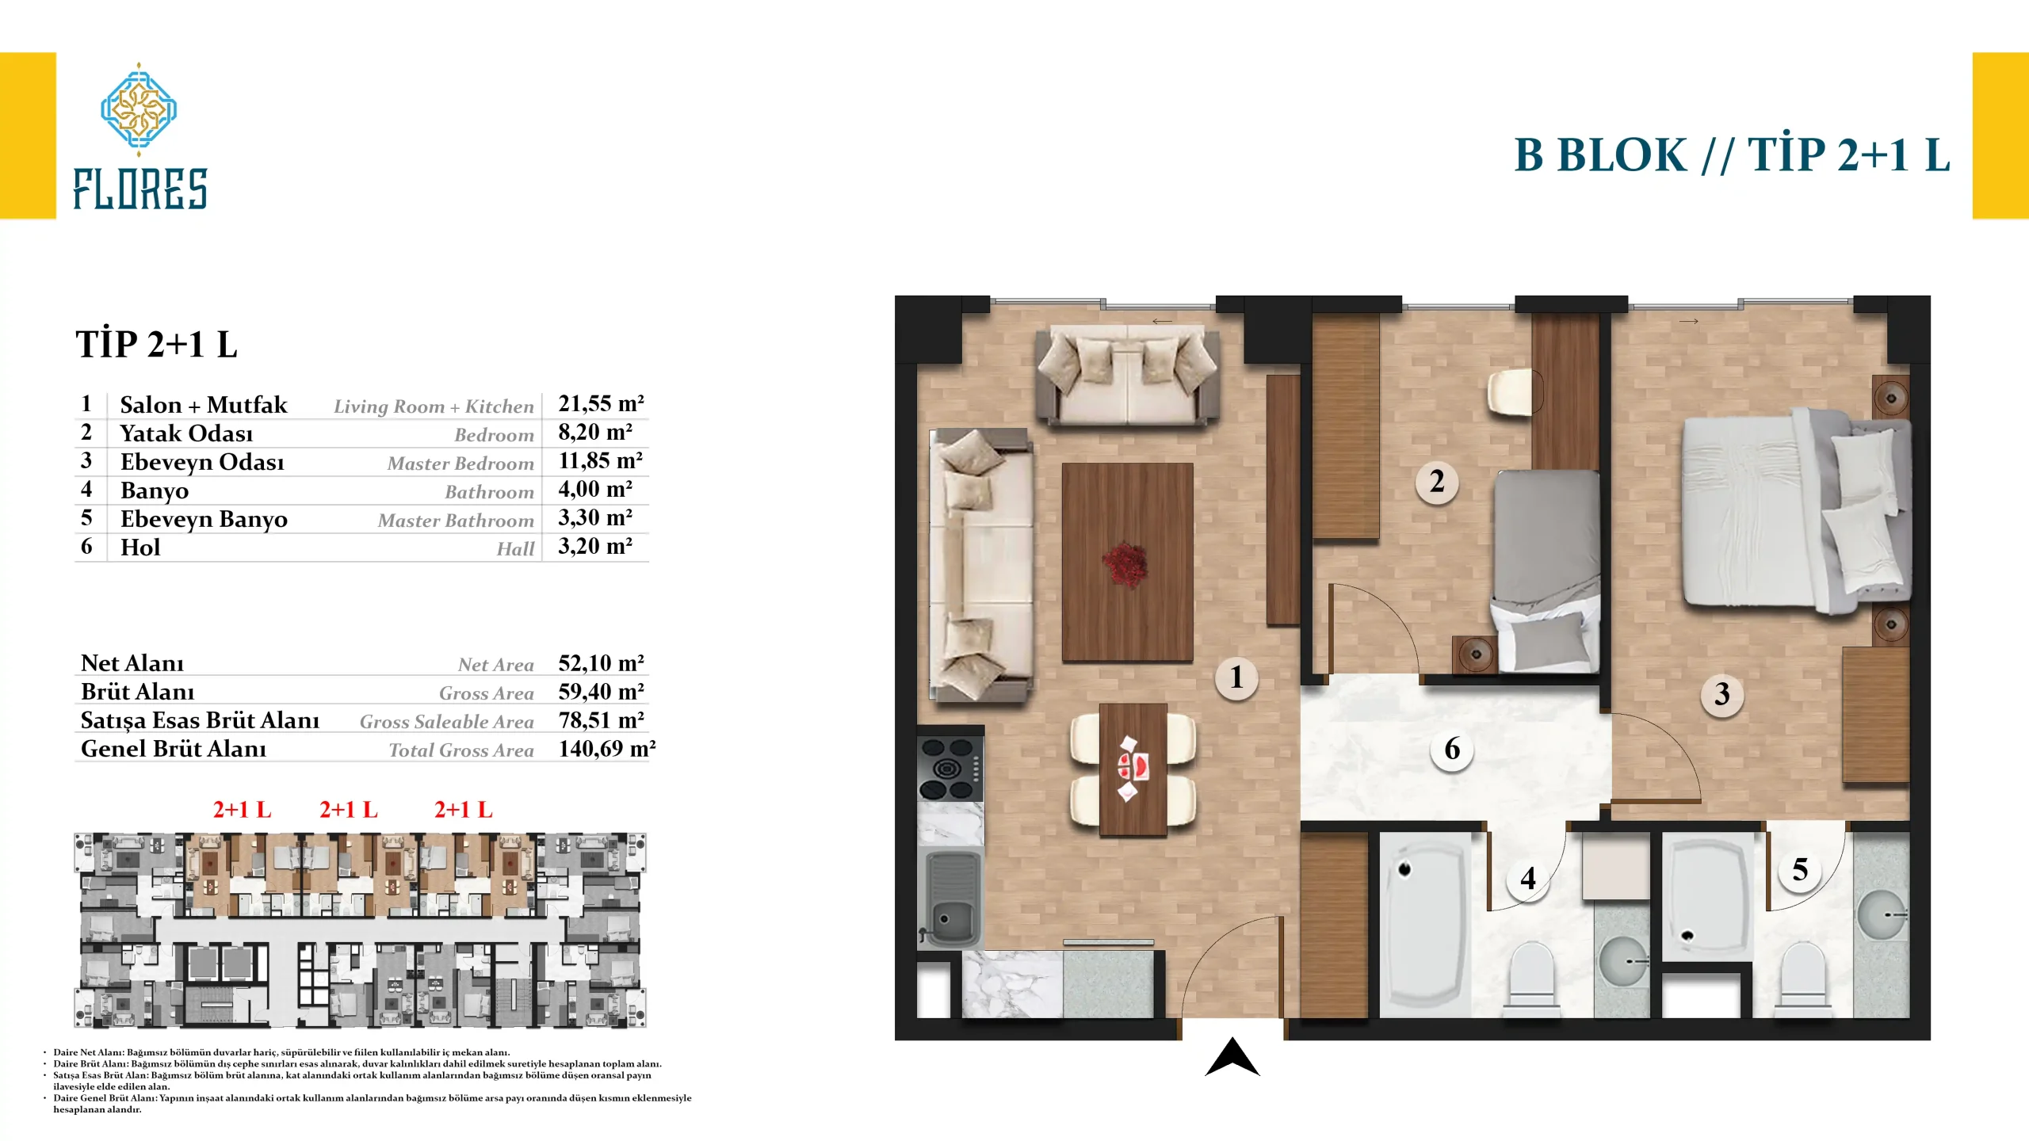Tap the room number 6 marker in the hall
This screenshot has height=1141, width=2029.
[1452, 750]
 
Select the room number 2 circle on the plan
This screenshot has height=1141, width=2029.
[1437, 482]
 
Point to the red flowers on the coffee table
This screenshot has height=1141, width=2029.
[1125, 563]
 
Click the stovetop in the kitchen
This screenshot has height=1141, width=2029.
[950, 769]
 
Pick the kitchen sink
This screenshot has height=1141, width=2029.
[950, 899]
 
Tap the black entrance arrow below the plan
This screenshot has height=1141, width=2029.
[1232, 1057]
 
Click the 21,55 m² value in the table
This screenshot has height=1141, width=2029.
[601, 404]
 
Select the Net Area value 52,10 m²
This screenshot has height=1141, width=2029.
[601, 663]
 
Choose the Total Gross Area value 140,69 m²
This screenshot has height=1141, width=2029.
[607, 749]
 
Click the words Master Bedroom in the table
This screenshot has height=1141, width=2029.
[460, 464]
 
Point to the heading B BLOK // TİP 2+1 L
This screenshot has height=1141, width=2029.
[1732, 155]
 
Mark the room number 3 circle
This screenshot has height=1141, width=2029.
[1721, 695]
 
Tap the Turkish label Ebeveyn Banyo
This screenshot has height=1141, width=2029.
[204, 520]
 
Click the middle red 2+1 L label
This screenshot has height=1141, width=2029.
[349, 810]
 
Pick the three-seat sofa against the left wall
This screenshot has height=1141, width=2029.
[981, 566]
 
